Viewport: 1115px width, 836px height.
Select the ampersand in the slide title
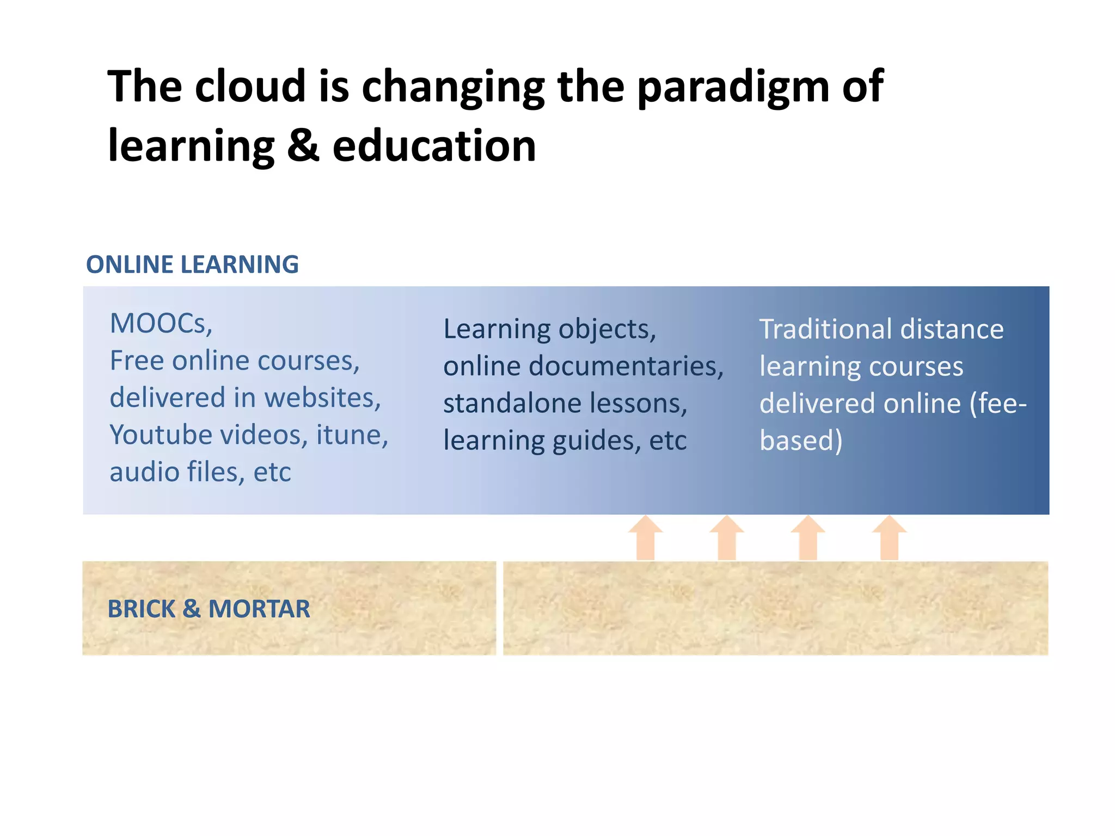302,146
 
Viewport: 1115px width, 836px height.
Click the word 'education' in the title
434,146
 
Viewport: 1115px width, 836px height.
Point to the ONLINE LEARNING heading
192,265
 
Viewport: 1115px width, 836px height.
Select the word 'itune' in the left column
351,434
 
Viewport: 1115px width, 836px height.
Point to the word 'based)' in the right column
800,440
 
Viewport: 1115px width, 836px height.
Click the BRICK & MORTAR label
209,608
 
